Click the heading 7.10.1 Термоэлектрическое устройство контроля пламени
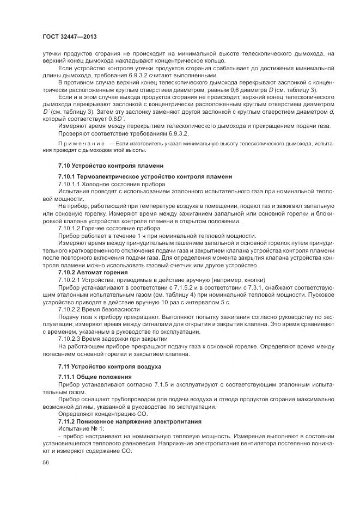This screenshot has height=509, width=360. (145, 177)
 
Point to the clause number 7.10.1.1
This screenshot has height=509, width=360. (71, 185)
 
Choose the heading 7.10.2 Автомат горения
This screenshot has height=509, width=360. (93, 271)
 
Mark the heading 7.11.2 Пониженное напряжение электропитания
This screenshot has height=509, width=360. (130, 421)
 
